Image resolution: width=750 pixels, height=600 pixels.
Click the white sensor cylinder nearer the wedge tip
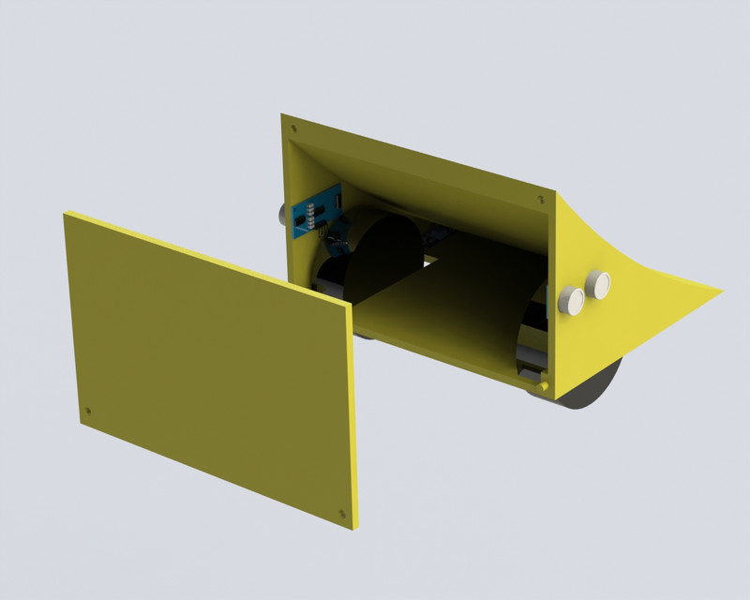point(598,282)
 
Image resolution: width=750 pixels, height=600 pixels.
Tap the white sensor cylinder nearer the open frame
point(571,299)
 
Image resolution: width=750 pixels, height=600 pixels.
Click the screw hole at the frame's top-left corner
point(293,127)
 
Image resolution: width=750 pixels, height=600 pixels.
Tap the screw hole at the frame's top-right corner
point(539,199)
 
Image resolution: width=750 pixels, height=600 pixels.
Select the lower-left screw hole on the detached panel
point(88,411)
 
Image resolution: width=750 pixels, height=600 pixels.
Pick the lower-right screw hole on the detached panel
point(339,513)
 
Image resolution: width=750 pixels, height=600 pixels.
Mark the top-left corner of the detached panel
point(66,215)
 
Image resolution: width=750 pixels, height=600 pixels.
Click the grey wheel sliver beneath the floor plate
point(364,333)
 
